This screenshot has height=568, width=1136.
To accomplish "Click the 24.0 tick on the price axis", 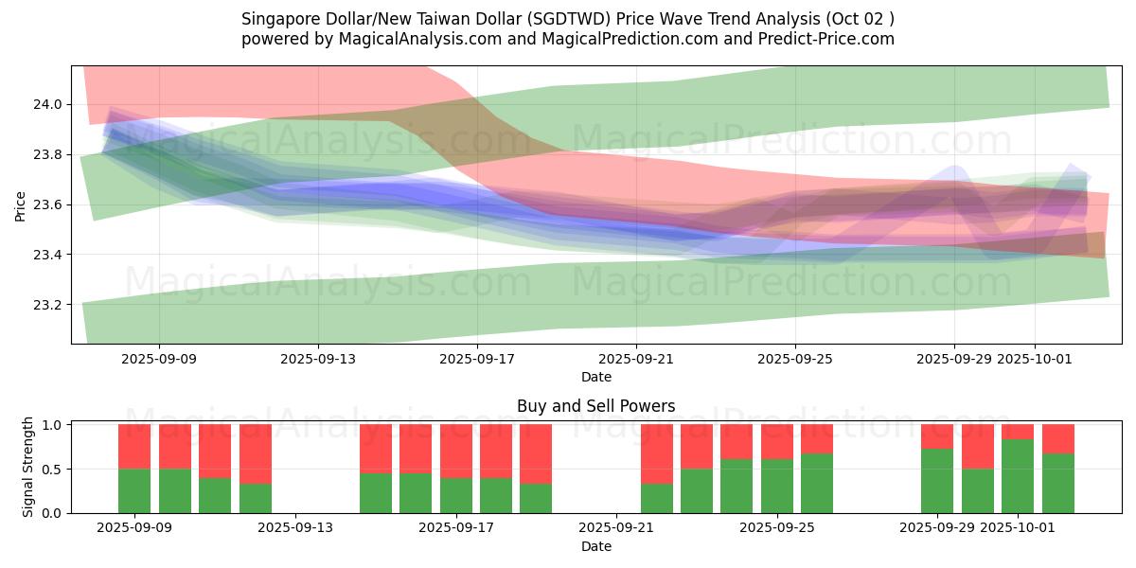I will click(x=48, y=104).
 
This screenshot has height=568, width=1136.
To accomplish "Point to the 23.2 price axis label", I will click(x=48, y=305).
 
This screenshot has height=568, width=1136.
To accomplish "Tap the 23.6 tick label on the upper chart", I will click(x=48, y=204).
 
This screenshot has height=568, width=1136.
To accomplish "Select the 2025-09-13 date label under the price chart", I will click(x=318, y=359).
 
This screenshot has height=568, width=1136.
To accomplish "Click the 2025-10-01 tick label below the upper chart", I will click(x=1034, y=359).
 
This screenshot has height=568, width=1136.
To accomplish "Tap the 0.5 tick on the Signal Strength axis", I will click(x=52, y=470).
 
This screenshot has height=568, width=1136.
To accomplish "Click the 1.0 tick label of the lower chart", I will click(x=52, y=425).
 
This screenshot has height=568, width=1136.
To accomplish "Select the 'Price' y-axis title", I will click(x=21, y=204).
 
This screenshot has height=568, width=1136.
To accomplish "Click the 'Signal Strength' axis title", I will click(x=28, y=467).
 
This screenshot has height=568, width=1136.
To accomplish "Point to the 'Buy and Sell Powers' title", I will click(x=596, y=406).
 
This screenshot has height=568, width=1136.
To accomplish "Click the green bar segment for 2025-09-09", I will click(x=134, y=490).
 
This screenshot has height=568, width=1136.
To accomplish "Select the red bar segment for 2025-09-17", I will click(x=456, y=451).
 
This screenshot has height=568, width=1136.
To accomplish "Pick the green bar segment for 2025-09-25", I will click(x=777, y=486).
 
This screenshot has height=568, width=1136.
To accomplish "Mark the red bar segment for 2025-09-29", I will click(x=937, y=436).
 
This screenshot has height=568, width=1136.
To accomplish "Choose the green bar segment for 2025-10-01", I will click(x=1018, y=476).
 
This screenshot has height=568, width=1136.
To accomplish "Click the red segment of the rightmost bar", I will click(x=1058, y=438).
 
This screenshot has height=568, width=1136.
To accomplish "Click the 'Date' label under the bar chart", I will click(x=596, y=546).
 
